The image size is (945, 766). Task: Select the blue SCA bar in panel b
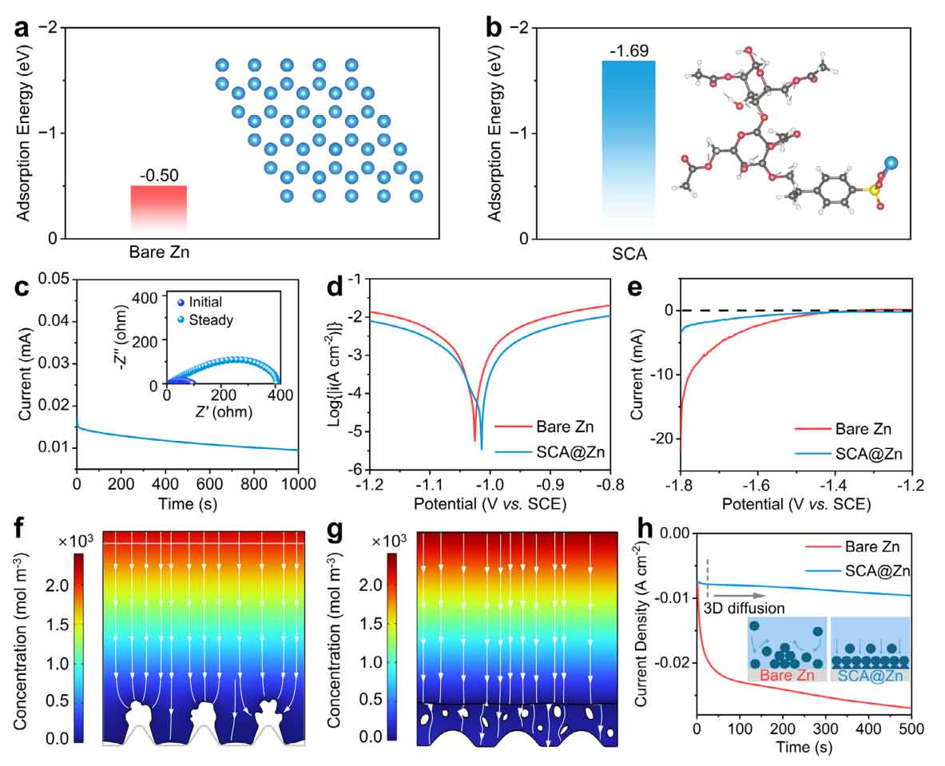(x=628, y=148)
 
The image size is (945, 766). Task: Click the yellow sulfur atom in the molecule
(x=876, y=190)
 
